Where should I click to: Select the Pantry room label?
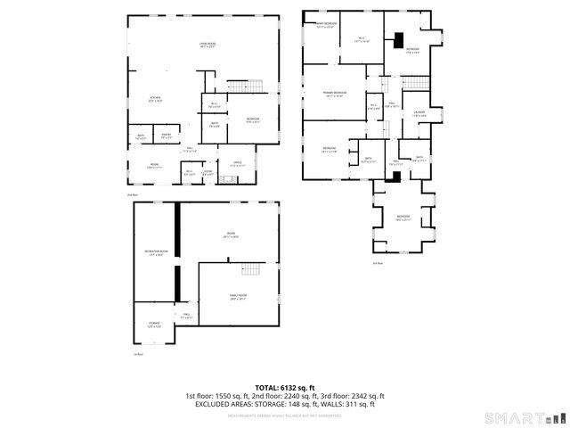coord(166,136)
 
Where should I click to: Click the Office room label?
coord(237,164)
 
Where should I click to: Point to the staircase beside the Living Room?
coord(252,86)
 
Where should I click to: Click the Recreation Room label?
coord(156,253)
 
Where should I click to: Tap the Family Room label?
coord(238,297)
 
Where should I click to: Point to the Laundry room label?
coord(419,113)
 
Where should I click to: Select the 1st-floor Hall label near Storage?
coord(188,316)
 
